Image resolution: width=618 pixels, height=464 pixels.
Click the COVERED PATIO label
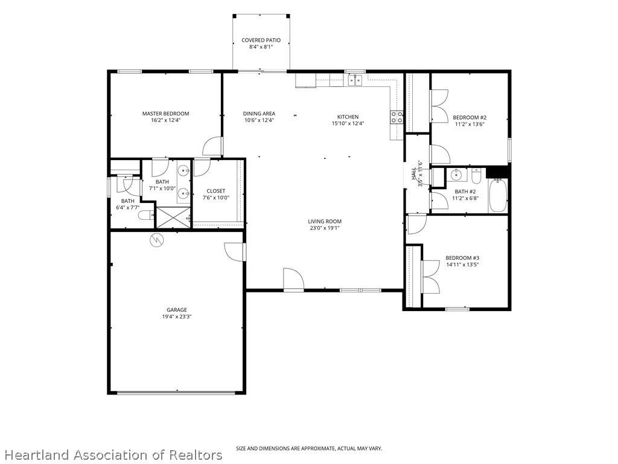click(261, 40)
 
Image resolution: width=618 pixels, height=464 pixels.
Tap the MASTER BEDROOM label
click(165, 114)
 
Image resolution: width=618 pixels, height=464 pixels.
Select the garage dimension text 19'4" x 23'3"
click(177, 317)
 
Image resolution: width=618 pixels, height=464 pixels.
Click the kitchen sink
click(355, 80)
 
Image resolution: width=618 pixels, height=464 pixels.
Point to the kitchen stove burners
click(397, 117)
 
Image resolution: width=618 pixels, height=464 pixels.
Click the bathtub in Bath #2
click(499, 195)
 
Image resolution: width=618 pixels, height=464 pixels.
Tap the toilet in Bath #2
click(476, 176)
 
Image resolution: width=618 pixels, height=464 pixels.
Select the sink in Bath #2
click(456, 175)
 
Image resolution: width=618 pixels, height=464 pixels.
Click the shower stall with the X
click(174, 217)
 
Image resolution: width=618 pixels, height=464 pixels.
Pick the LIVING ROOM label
click(325, 221)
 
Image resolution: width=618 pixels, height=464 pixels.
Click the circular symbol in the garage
click(157, 240)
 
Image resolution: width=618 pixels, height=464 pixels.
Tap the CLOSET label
click(216, 191)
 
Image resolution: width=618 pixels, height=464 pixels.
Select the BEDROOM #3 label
click(462, 258)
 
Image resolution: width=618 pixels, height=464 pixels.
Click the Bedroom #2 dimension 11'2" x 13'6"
click(470, 124)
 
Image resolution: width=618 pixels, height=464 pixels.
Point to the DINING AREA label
click(259, 114)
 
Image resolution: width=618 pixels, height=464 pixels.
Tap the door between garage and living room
click(235, 251)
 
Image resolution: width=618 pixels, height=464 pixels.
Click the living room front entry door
click(293, 280)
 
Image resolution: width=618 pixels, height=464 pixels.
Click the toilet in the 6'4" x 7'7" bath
click(145, 215)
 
